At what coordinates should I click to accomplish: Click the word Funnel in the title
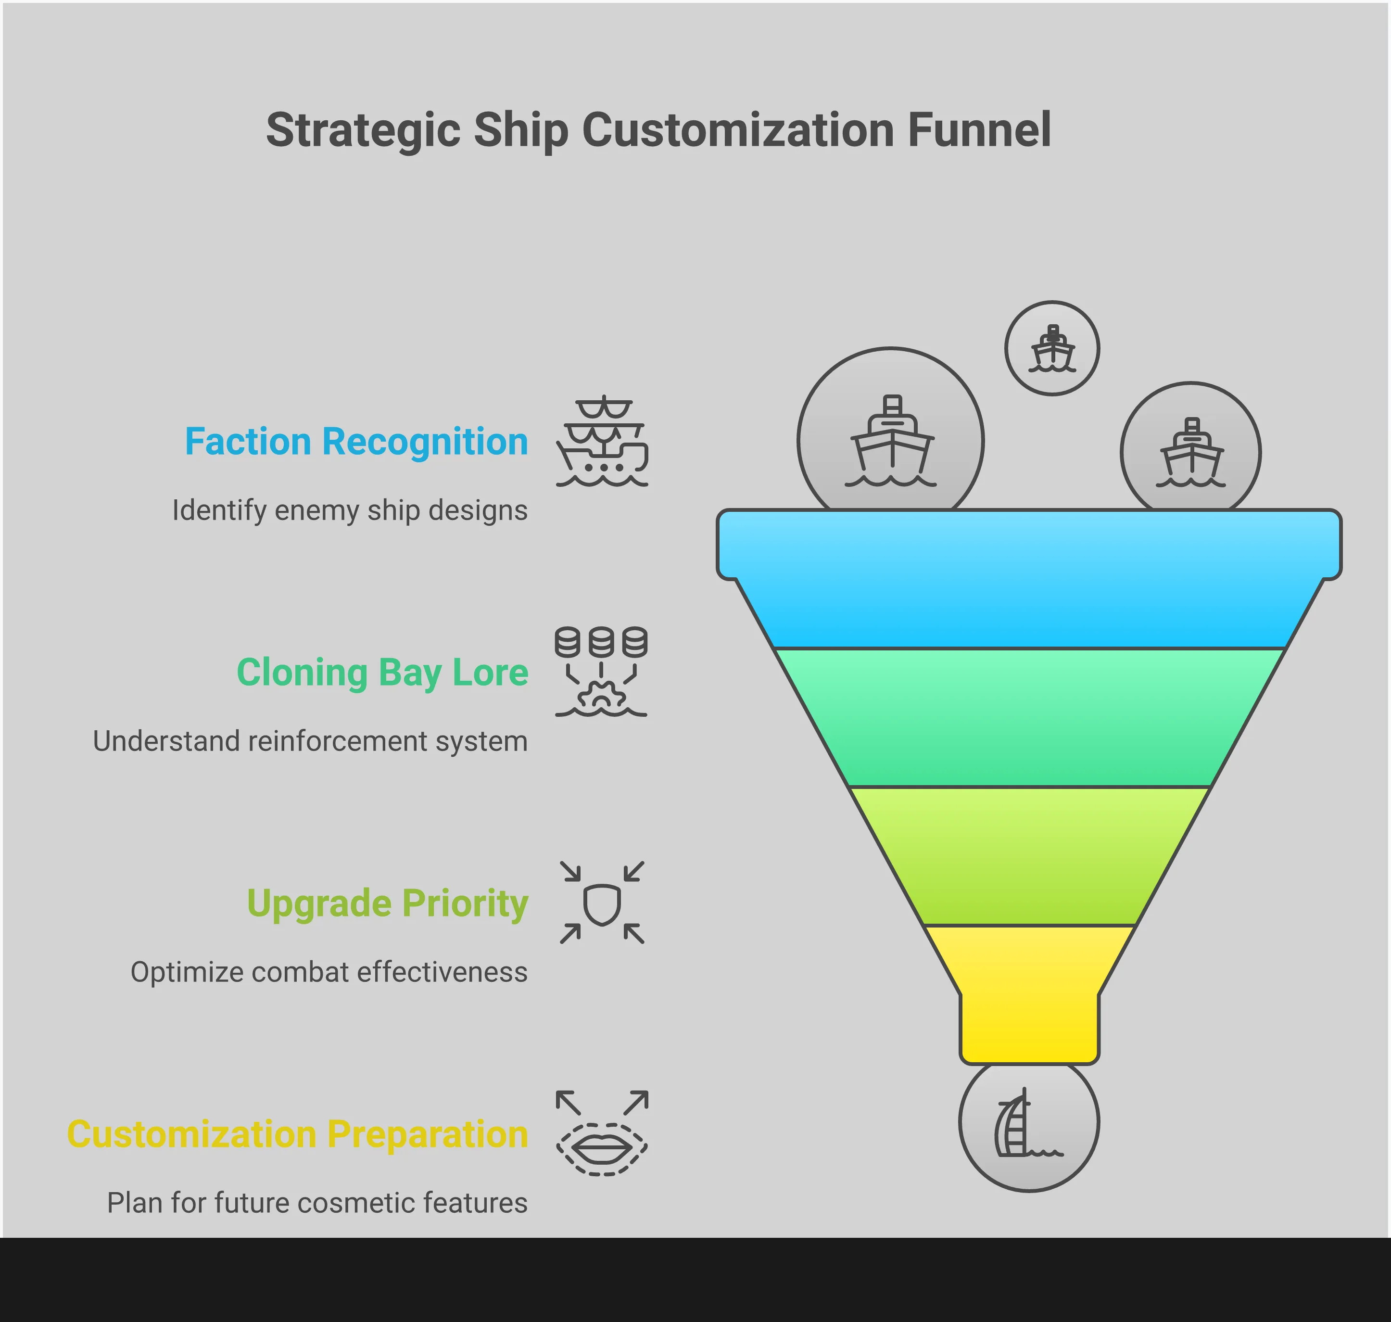(x=979, y=130)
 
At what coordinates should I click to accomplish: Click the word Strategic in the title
(x=362, y=130)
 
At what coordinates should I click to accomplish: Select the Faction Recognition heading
(x=356, y=442)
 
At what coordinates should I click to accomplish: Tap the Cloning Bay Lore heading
(x=382, y=672)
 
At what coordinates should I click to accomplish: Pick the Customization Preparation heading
(x=297, y=1134)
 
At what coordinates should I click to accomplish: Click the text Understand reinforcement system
(x=310, y=741)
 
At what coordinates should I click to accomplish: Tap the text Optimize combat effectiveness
(x=329, y=972)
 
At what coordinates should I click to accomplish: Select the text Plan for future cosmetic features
(x=317, y=1203)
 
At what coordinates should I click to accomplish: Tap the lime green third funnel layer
(x=1029, y=855)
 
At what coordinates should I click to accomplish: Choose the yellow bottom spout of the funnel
(x=1029, y=1001)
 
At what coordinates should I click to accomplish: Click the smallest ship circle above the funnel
(x=1051, y=348)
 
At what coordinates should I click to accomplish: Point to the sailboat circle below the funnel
(x=1029, y=1122)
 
